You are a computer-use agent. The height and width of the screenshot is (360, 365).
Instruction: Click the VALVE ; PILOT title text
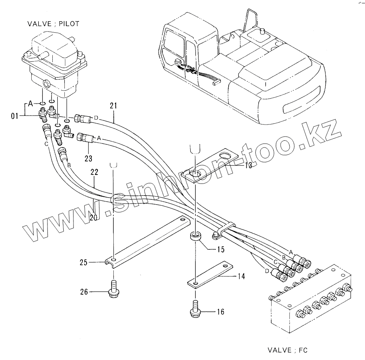pyautogui.click(x=53, y=24)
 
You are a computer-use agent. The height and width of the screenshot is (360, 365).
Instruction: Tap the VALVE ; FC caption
pyautogui.click(x=287, y=350)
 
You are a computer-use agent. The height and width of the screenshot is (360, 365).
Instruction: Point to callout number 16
pyautogui.click(x=220, y=311)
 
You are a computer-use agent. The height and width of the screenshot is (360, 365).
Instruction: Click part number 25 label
pyautogui.click(x=83, y=262)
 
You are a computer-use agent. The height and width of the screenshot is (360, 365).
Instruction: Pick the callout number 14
pyautogui.click(x=241, y=276)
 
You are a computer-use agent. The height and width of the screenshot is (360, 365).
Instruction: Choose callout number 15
pyautogui.click(x=220, y=249)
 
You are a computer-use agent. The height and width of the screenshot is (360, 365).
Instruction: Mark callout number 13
pyautogui.click(x=248, y=166)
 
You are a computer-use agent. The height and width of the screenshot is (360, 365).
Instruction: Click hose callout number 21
pyautogui.click(x=113, y=106)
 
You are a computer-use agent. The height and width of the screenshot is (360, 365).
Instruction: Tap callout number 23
pyautogui.click(x=88, y=158)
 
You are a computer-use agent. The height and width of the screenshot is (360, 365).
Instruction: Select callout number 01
pyautogui.click(x=15, y=115)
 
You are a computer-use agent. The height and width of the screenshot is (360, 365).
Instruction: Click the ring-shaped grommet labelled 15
pyautogui.click(x=195, y=238)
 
